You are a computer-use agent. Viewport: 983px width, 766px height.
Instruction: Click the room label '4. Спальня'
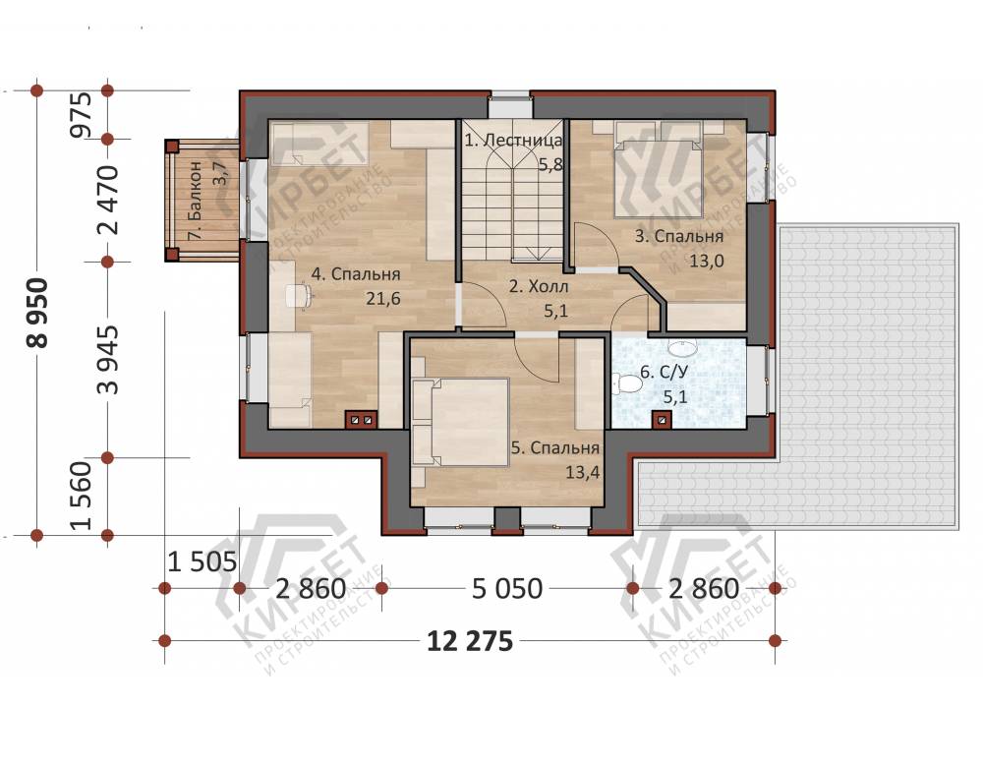click(356, 274)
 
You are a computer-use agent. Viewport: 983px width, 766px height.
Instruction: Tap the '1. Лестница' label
click(513, 140)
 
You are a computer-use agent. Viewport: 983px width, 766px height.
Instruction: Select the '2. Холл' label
click(539, 287)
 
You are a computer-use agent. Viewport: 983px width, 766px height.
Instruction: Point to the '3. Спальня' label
click(679, 237)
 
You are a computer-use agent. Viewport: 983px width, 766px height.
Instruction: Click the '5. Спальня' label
click(554, 448)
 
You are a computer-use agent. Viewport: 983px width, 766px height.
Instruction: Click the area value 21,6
click(383, 299)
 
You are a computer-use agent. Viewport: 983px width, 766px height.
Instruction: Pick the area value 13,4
click(582, 472)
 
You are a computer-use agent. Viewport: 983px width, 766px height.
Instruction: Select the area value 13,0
click(707, 261)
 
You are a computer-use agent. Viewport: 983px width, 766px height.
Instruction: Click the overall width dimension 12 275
click(470, 642)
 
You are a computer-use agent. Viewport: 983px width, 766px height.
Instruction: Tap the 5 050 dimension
click(506, 589)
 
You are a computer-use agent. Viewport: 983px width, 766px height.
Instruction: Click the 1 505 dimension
click(202, 562)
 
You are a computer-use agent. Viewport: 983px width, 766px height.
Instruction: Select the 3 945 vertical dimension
click(108, 360)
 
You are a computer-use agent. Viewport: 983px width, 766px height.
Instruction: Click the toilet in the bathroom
click(627, 383)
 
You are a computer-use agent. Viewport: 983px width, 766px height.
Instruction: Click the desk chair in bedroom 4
click(299, 296)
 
